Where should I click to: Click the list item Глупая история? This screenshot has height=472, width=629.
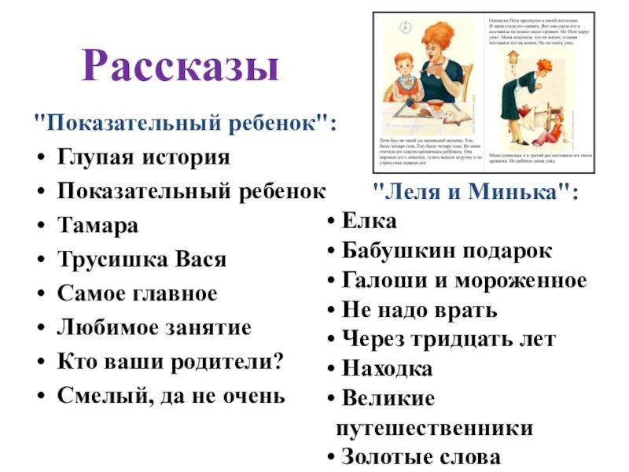coord(144,157)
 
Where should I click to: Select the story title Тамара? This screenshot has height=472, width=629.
coord(97,225)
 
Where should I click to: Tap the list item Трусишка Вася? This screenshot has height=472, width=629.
coord(142,260)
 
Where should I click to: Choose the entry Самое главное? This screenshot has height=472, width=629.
coord(137,293)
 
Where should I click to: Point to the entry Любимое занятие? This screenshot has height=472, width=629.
coord(154,327)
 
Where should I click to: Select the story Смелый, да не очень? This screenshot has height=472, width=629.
coord(171,395)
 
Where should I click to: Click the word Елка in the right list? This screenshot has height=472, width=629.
coord(370,221)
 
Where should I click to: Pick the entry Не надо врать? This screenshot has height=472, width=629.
coord(420,310)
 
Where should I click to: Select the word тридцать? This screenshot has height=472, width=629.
coord(472,339)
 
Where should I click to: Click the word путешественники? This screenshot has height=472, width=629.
coord(434,429)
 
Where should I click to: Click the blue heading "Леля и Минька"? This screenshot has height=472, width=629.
coord(474,191)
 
